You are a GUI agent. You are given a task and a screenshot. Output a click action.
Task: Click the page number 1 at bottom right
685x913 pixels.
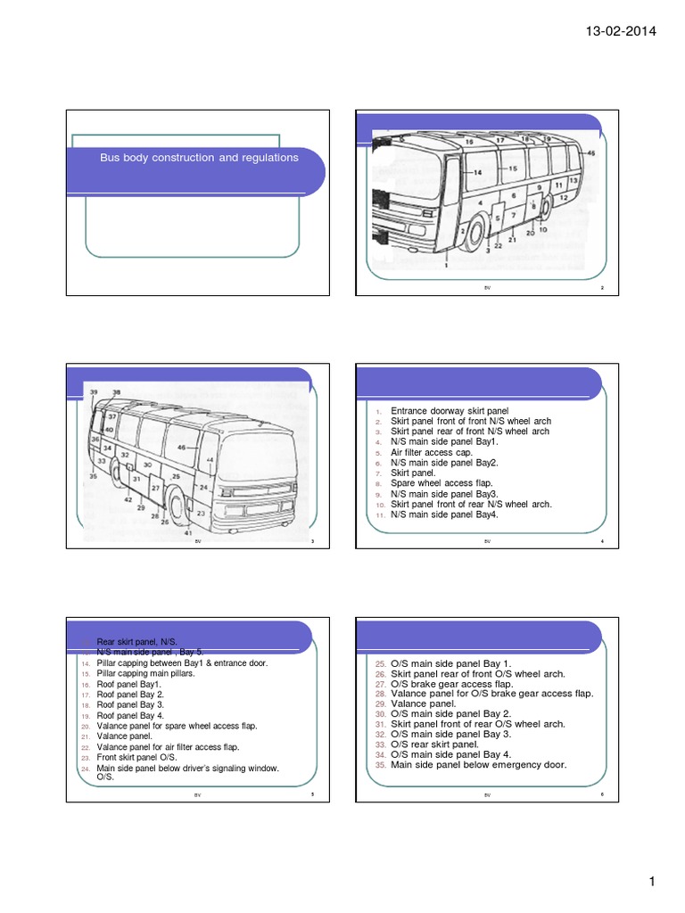(x=652, y=883)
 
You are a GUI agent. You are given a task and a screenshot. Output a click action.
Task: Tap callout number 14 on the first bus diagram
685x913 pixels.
(x=476, y=172)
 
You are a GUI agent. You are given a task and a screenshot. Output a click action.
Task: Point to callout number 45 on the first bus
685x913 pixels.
(x=591, y=154)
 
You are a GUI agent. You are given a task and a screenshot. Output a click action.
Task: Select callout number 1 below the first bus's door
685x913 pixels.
(x=446, y=265)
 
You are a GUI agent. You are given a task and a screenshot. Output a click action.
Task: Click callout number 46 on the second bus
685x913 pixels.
(x=181, y=447)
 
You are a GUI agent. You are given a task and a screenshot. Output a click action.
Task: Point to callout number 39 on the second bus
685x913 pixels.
(x=94, y=392)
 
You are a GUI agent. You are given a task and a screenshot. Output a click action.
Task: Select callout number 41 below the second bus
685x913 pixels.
(x=188, y=533)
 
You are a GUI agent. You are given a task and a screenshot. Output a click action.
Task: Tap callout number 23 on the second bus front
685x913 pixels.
(x=200, y=514)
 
